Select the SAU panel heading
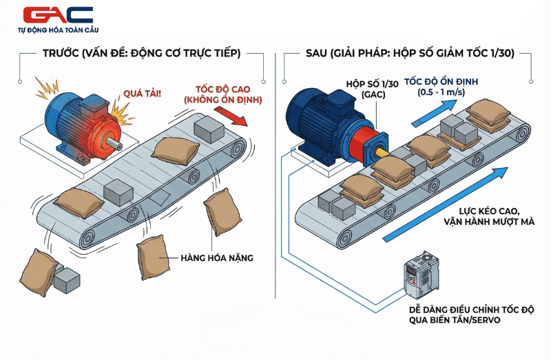point(409,54)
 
